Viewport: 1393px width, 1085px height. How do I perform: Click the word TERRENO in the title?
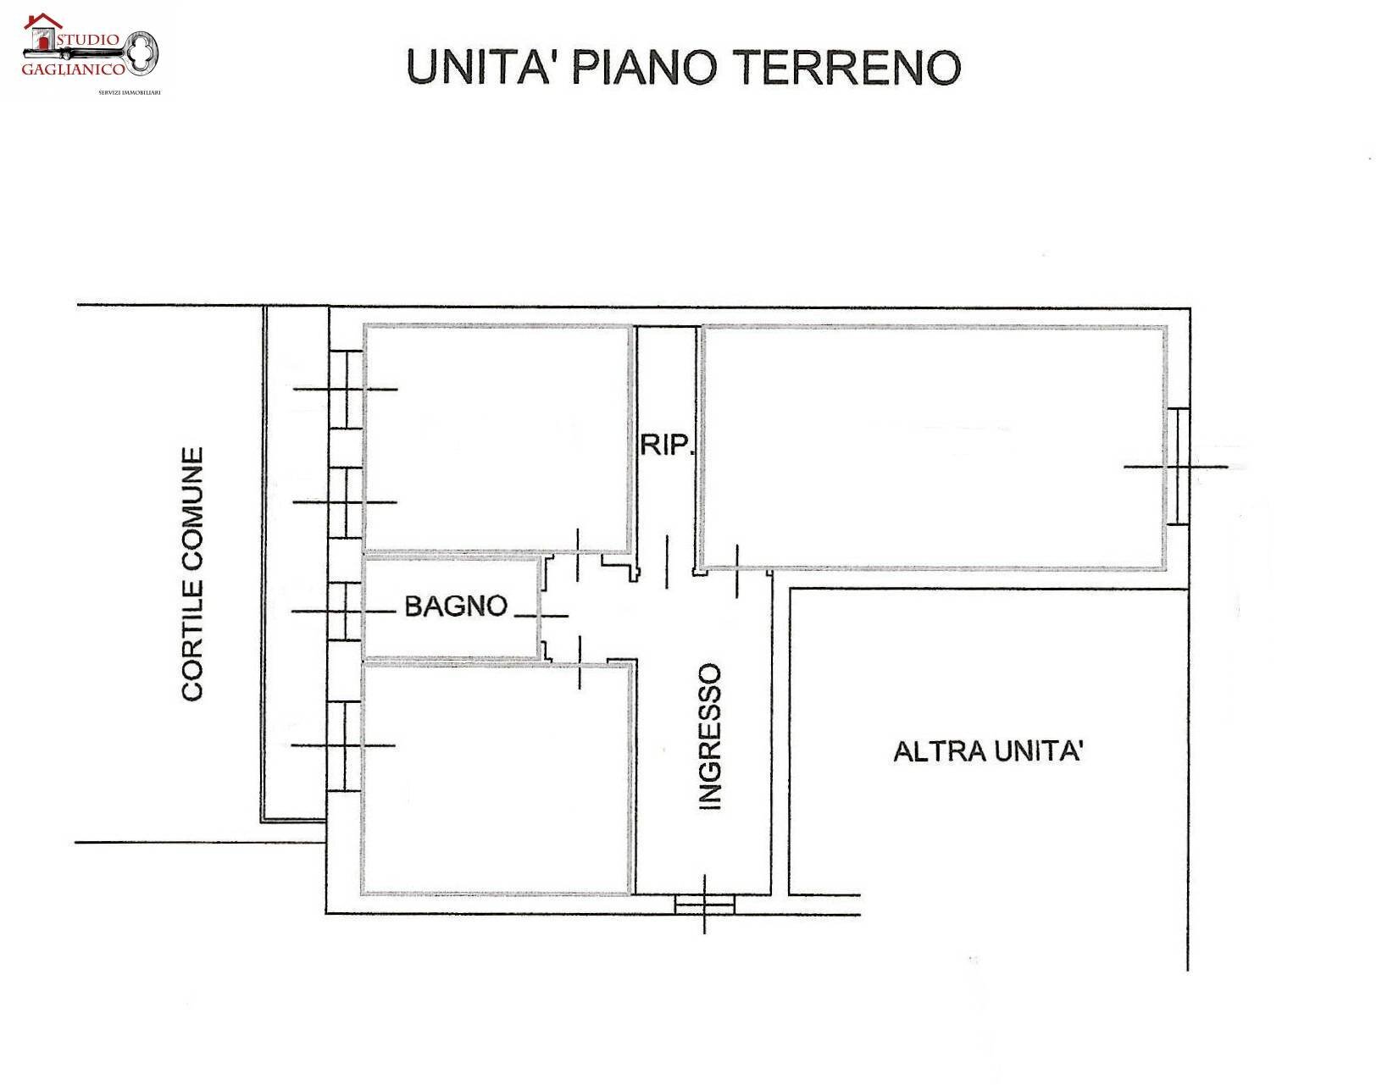coord(850,67)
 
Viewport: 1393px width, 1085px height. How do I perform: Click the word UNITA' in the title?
coord(479,67)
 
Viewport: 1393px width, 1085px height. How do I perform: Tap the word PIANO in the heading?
coord(645,67)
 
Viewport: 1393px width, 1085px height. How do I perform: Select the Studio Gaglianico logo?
coord(89,51)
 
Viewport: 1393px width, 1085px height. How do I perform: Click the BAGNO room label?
coord(456,606)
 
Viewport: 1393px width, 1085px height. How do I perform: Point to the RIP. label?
coord(666,445)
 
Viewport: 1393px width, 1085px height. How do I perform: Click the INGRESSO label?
coord(709,737)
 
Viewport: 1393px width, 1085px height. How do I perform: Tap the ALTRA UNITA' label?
coord(988,751)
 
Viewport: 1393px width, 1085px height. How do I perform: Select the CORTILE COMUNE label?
coord(193,574)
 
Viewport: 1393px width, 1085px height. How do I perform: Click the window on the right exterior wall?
coord(1178,467)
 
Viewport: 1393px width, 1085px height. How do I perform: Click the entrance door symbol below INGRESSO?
coord(704,905)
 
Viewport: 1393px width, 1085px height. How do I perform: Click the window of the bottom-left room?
coord(345,746)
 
